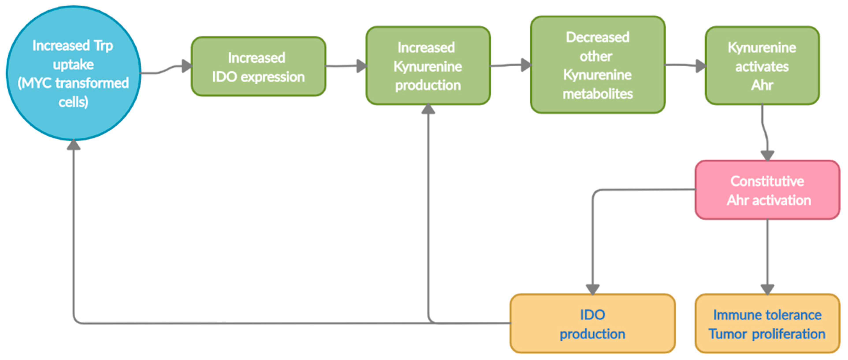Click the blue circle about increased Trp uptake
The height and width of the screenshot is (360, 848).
pyautogui.click(x=73, y=73)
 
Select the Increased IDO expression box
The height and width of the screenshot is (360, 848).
pyautogui.click(x=258, y=67)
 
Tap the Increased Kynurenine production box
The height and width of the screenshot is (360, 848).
pyautogui.click(x=428, y=66)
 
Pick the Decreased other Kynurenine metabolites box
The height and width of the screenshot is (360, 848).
pyautogui.click(x=597, y=65)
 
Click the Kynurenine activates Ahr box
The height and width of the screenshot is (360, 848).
pyautogui.click(x=762, y=66)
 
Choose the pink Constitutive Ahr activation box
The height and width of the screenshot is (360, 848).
pyautogui.click(x=767, y=190)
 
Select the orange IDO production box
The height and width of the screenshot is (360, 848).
pyautogui.click(x=593, y=324)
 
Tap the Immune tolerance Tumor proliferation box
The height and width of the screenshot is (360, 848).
pyautogui.click(x=767, y=324)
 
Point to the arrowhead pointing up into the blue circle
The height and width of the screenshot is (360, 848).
pyautogui.click(x=73, y=145)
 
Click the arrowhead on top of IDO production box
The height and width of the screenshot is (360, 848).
pyautogui.click(x=593, y=289)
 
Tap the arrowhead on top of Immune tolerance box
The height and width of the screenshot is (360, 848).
pyautogui.click(x=767, y=289)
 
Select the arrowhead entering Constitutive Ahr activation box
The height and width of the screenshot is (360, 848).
pyautogui.click(x=767, y=155)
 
